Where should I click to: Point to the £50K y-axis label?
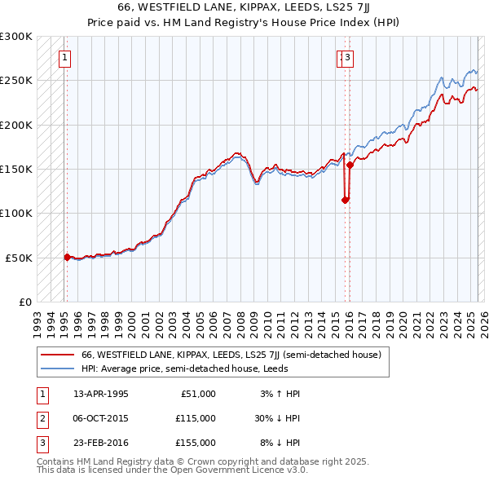19,258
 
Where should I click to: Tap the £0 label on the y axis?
24,302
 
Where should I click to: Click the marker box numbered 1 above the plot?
64,57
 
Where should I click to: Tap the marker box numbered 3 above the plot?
348,57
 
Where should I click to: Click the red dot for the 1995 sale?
67,256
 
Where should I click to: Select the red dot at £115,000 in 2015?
345,200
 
